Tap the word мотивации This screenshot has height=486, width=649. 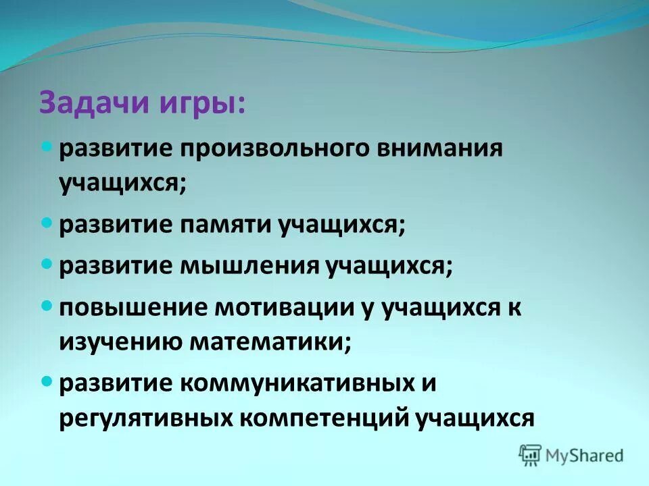(283, 307)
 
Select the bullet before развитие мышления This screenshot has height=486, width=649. (47, 263)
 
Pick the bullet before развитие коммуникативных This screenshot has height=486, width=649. (47, 381)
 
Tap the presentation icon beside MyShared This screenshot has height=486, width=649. (530, 455)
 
